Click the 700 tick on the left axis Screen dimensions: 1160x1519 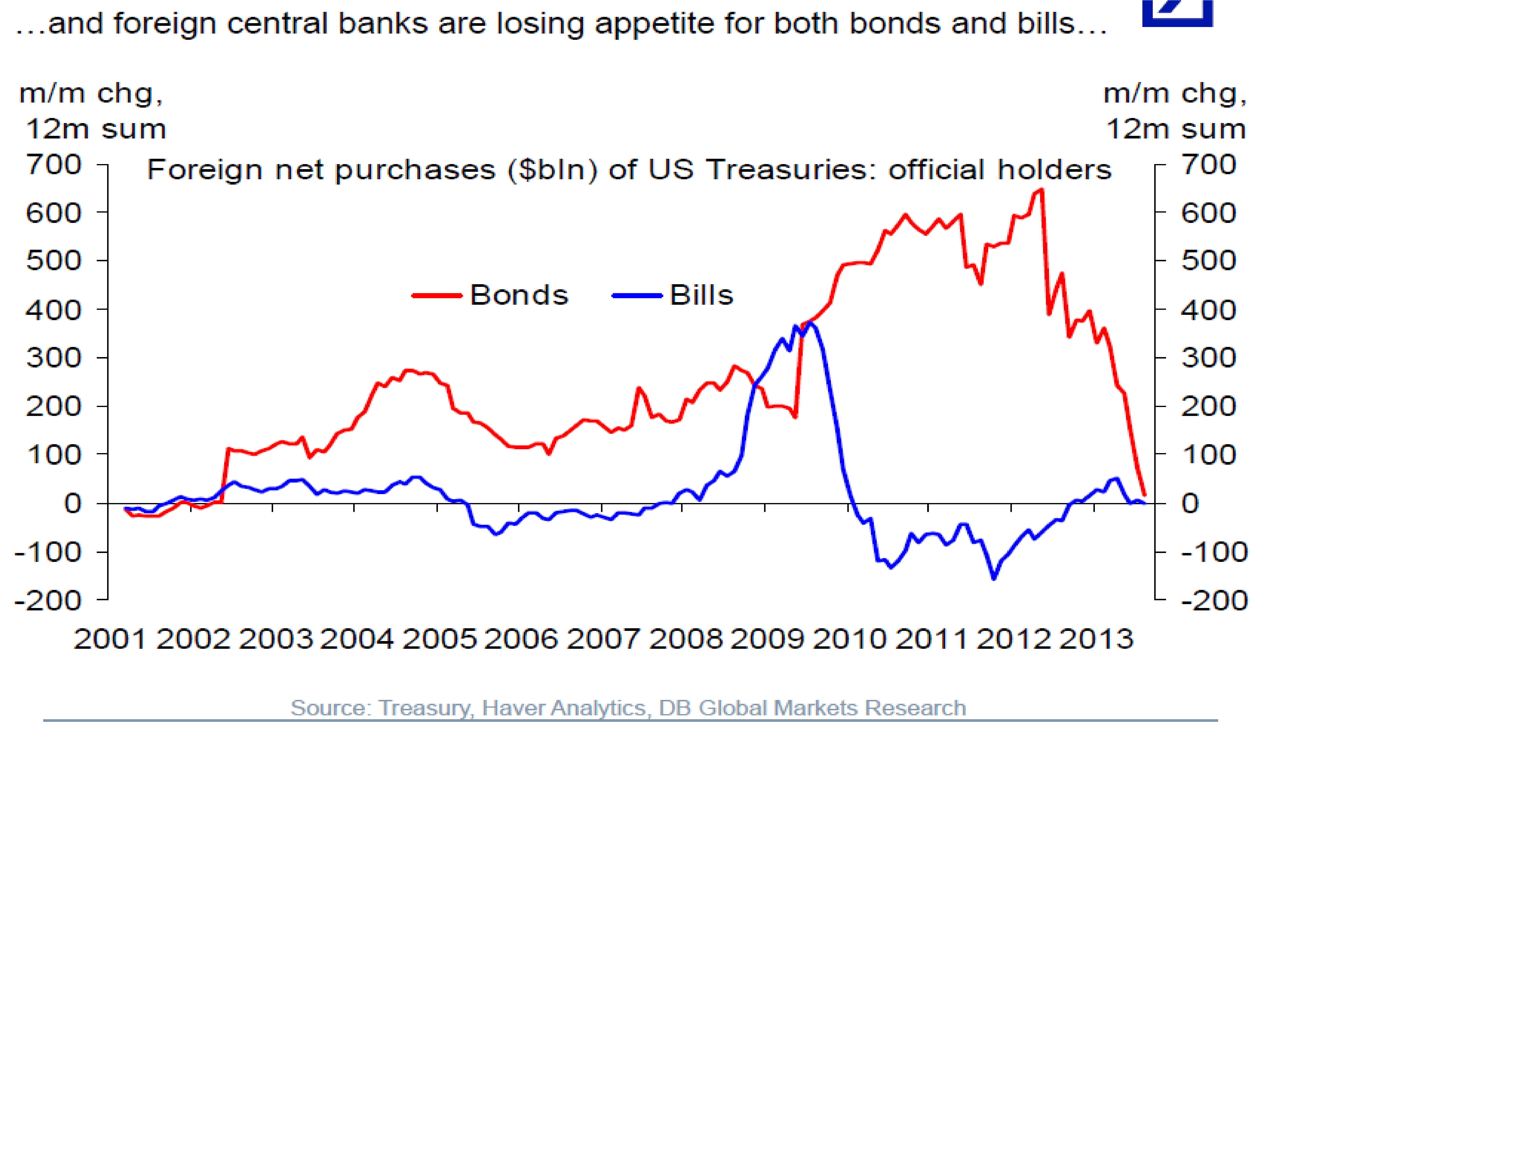click(x=54, y=164)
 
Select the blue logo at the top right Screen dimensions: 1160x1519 click(x=1177, y=13)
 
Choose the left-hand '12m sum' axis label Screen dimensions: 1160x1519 click(x=96, y=129)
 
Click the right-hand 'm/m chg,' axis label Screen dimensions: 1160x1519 click(x=1174, y=93)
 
